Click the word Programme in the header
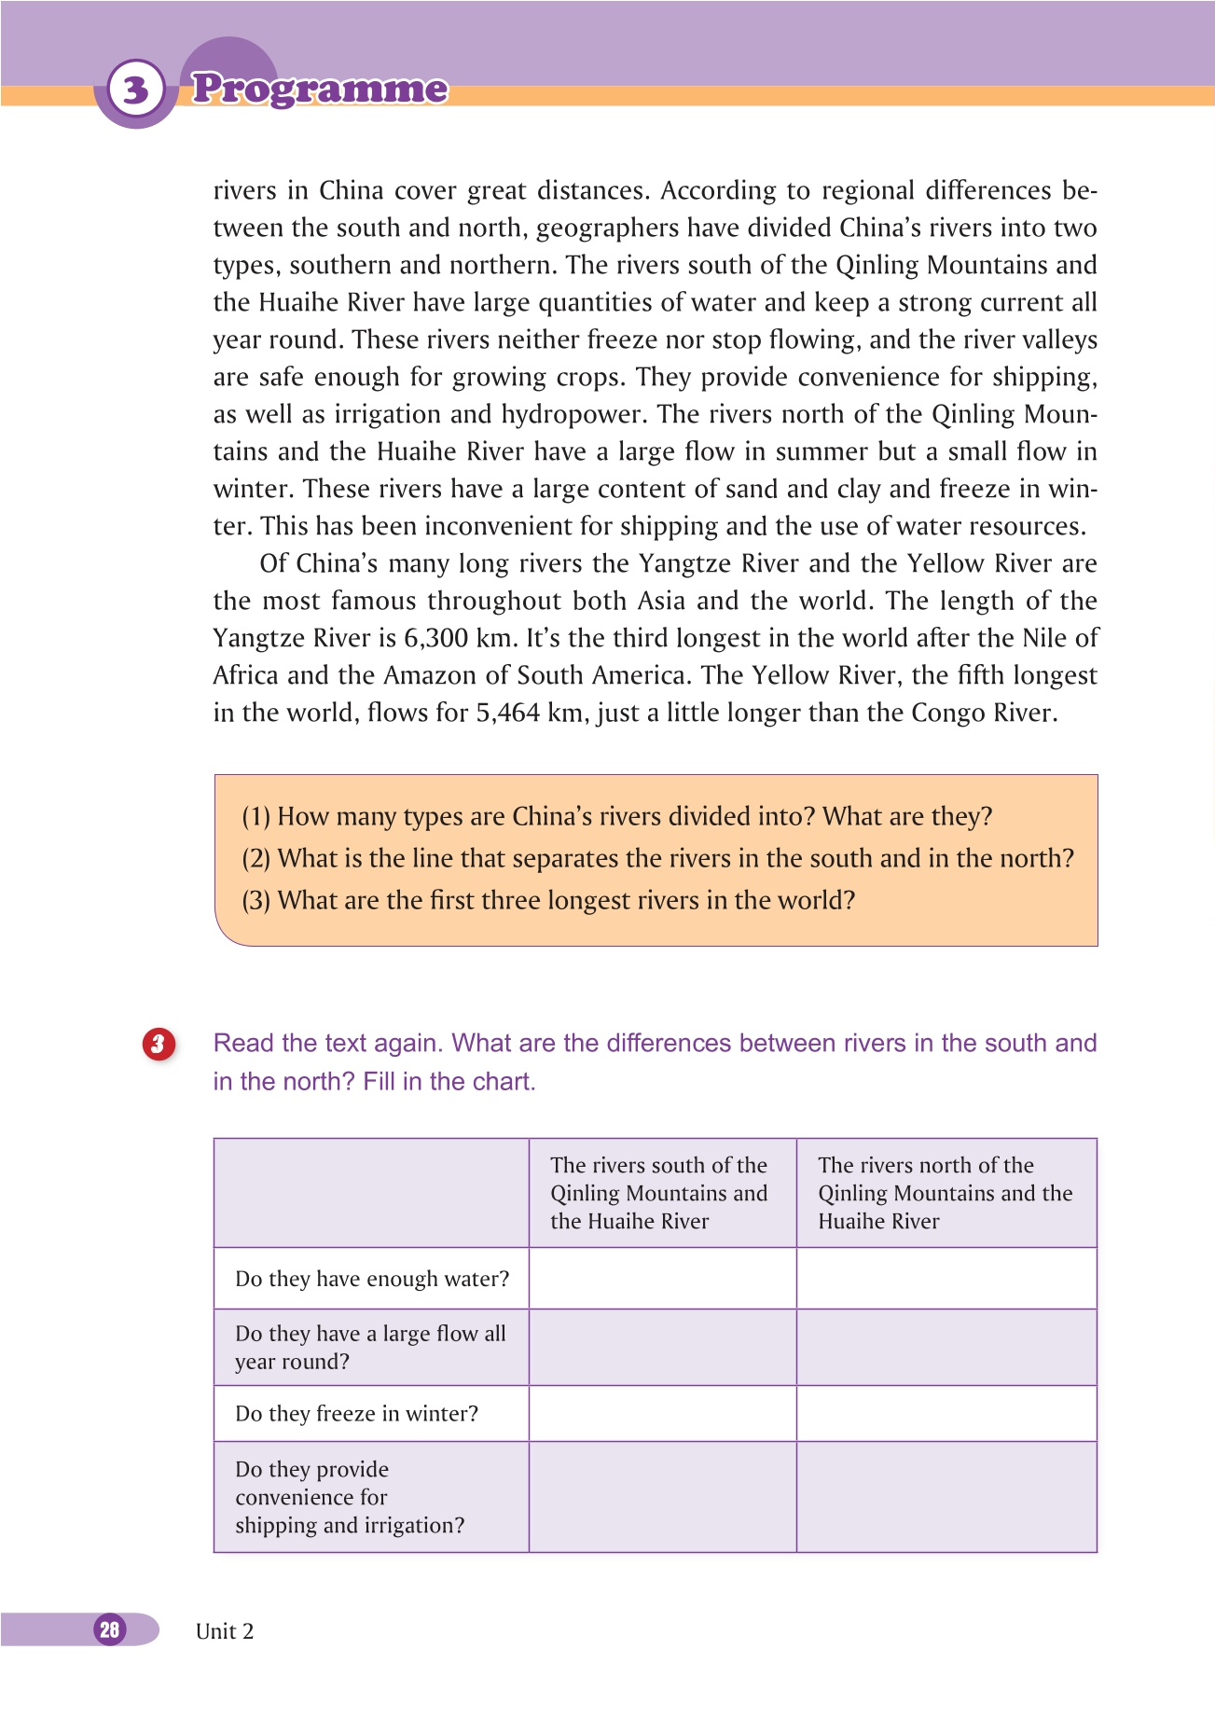click(x=320, y=89)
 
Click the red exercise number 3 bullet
click(x=159, y=1044)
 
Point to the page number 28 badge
click(x=110, y=1629)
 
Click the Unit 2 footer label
click(x=225, y=1631)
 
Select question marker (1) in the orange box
click(x=255, y=817)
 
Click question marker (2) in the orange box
click(x=255, y=859)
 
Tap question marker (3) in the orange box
click(x=255, y=901)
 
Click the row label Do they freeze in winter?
click(x=356, y=1414)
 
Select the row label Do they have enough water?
click(x=372, y=1279)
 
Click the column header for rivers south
click(x=659, y=1193)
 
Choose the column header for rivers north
click(x=945, y=1193)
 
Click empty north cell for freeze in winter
click(x=946, y=1414)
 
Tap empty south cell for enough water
click(x=662, y=1279)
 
